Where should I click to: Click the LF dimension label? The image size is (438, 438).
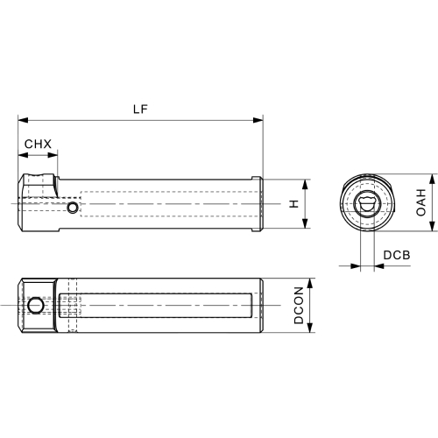[x=140, y=109]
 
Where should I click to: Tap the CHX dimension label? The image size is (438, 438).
[x=38, y=144]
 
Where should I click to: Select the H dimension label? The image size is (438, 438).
[x=294, y=204]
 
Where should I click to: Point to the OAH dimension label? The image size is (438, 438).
[x=420, y=202]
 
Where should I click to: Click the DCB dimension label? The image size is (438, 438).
[x=397, y=255]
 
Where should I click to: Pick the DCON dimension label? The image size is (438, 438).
[x=299, y=305]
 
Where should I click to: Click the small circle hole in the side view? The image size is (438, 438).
[x=72, y=208]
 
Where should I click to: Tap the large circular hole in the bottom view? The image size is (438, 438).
[x=36, y=306]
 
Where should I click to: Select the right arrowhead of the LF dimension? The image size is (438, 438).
[x=258, y=120]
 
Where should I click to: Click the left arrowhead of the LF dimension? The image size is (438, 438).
[x=23, y=120]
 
